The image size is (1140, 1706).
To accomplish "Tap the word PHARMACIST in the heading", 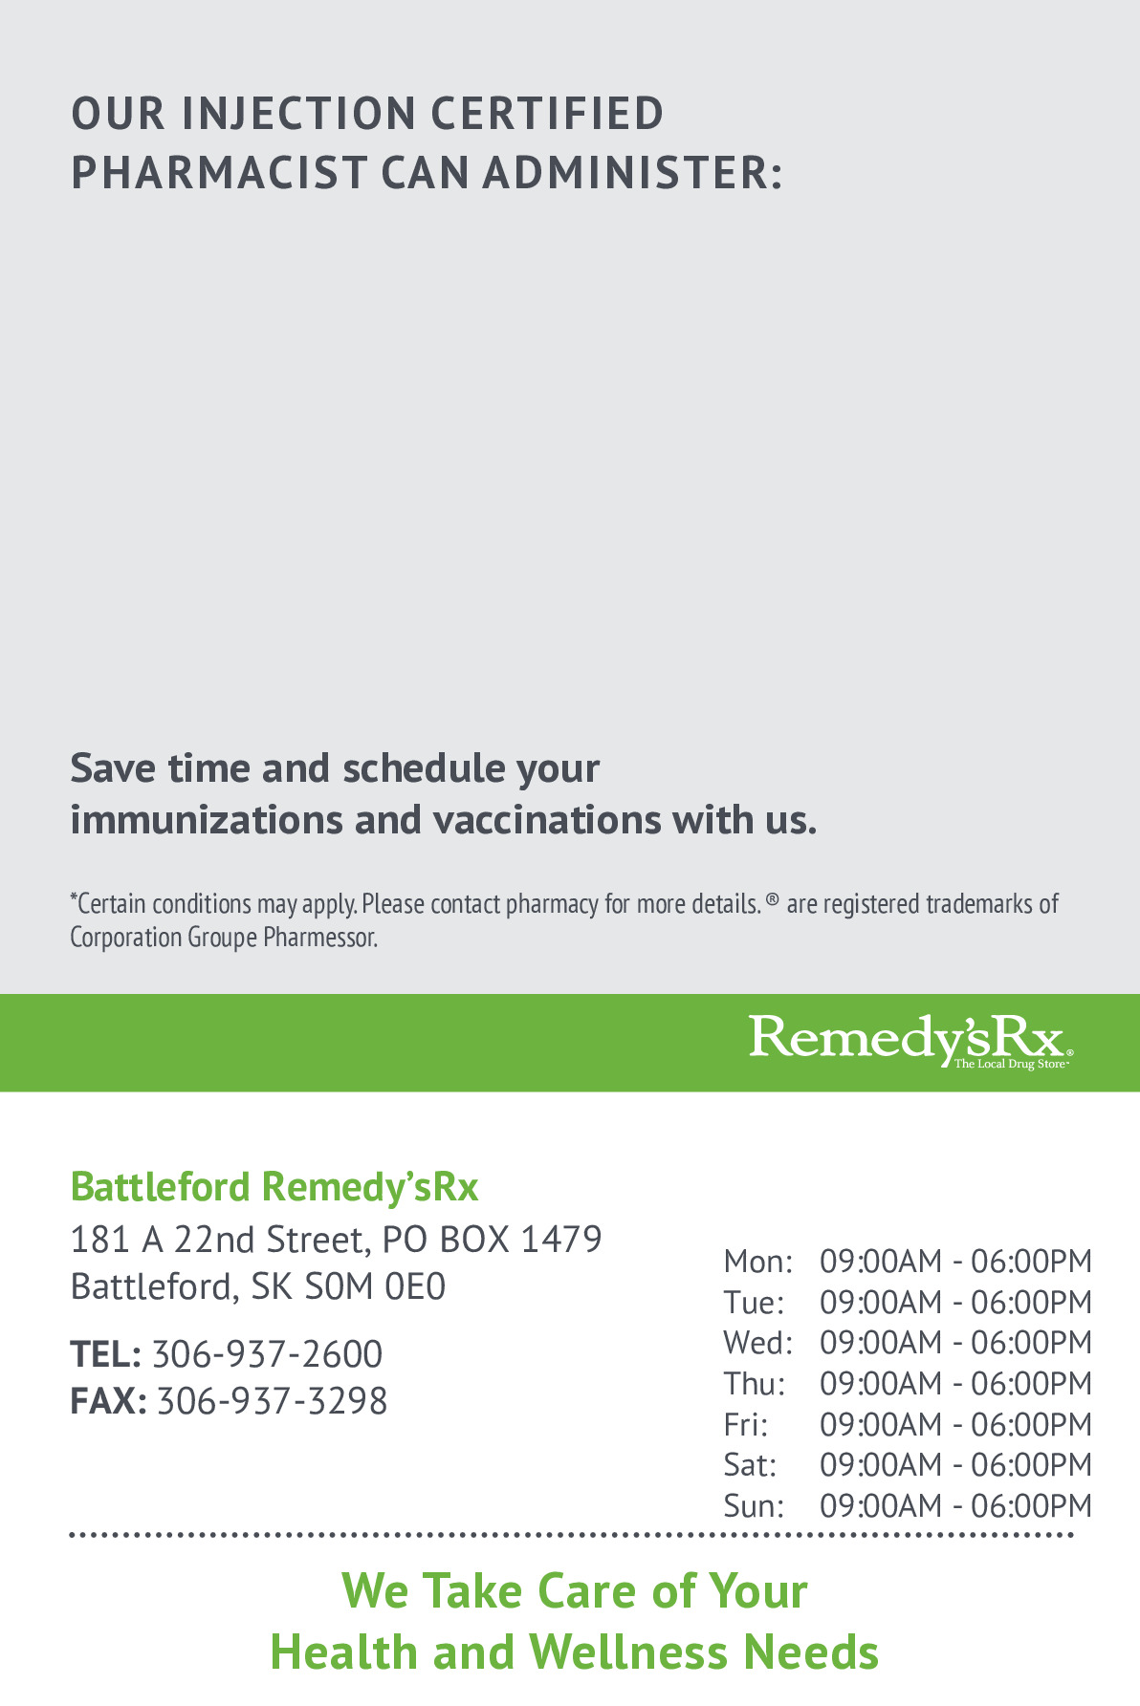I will pyautogui.click(x=219, y=173).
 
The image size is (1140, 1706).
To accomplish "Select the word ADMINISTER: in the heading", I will pyautogui.click(x=632, y=173).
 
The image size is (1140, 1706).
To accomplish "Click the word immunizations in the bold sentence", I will pyautogui.click(x=206, y=820).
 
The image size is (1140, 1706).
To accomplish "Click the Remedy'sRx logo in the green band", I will pyautogui.click(x=910, y=1041).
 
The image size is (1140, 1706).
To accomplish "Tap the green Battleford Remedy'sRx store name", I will pyautogui.click(x=274, y=1187).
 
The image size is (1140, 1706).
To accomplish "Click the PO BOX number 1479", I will pyautogui.click(x=560, y=1240).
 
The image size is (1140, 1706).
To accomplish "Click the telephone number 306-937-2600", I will pyautogui.click(x=267, y=1354).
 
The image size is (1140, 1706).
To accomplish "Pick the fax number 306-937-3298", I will pyautogui.click(x=272, y=1401).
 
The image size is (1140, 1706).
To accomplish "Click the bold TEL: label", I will pyautogui.click(x=105, y=1354).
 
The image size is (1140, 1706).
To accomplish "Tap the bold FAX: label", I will pyautogui.click(x=108, y=1401).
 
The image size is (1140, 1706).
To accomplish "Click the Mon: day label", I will pyautogui.click(x=757, y=1262).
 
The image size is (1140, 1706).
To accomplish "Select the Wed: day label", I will pyautogui.click(x=757, y=1343).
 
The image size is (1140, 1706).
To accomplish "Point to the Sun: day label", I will pyautogui.click(x=754, y=1506).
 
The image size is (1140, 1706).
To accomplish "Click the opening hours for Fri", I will pyautogui.click(x=955, y=1425).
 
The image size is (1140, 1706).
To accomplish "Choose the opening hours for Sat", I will pyautogui.click(x=955, y=1465).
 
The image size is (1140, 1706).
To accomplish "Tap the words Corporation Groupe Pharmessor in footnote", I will pyautogui.click(x=224, y=938).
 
